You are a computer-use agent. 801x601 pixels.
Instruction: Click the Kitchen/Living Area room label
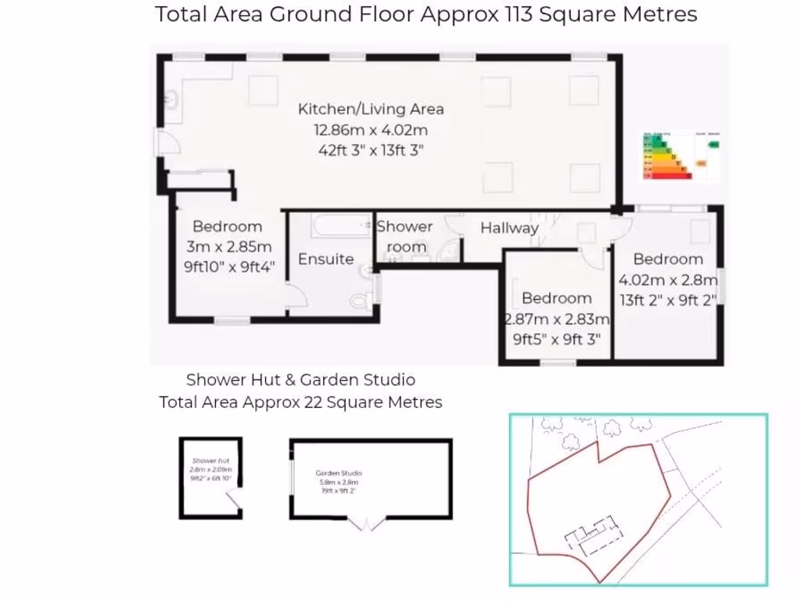tap(371, 109)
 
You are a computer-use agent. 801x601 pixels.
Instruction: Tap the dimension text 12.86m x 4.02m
tap(371, 130)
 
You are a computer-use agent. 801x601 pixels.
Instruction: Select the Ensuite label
tap(326, 259)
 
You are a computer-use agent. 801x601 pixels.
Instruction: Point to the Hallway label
tap(509, 229)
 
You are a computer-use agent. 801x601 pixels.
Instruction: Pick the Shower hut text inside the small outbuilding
tap(210, 461)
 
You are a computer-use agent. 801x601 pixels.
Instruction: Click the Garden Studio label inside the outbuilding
tap(339, 473)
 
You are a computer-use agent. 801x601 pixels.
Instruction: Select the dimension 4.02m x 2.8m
tap(668, 279)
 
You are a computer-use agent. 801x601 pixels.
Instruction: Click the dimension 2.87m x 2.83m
tap(556, 318)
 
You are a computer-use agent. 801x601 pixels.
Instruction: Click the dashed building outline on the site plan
tap(592, 538)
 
